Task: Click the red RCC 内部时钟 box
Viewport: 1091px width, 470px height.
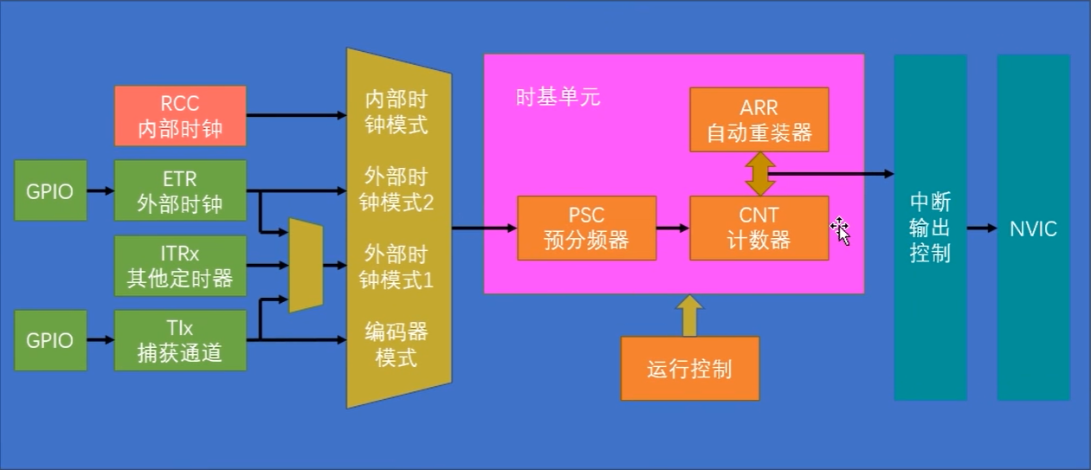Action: tap(180, 116)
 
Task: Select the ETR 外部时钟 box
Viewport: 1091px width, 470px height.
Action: tap(180, 190)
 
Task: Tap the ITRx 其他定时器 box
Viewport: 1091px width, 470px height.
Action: tap(180, 266)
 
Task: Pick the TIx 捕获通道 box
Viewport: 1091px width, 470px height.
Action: tap(180, 340)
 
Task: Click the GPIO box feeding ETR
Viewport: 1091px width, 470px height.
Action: tap(49, 190)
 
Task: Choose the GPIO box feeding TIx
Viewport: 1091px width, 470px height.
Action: tap(49, 340)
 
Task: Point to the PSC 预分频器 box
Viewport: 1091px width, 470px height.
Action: tap(586, 228)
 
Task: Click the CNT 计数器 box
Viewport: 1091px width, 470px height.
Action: tap(759, 228)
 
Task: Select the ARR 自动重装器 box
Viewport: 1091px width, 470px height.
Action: tap(759, 119)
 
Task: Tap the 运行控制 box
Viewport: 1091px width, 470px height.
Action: tap(689, 370)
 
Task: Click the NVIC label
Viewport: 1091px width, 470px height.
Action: tap(1033, 229)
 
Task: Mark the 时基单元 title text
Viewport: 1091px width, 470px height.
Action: tap(558, 97)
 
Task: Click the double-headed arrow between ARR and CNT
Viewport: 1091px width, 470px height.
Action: tap(759, 173)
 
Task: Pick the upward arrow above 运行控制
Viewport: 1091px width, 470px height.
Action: tap(690, 315)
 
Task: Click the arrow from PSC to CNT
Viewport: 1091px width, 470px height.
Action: tap(673, 229)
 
